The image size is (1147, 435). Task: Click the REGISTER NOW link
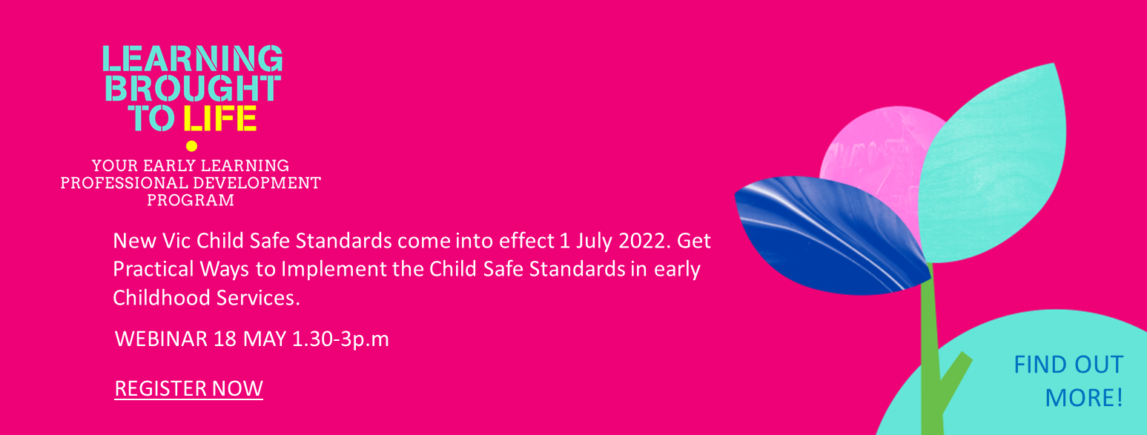pyautogui.click(x=188, y=389)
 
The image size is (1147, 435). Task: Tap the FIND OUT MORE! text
pyautogui.click(x=1068, y=381)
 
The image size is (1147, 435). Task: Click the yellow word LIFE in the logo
pyautogui.click(x=220, y=119)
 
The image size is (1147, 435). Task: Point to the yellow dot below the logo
pyautogui.click(x=191, y=146)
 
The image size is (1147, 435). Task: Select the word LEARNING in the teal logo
pyautogui.click(x=193, y=58)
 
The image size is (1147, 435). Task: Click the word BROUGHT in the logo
pyautogui.click(x=193, y=88)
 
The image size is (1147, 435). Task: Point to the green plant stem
pyautogui.click(x=932, y=358)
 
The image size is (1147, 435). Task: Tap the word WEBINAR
pyautogui.click(x=162, y=339)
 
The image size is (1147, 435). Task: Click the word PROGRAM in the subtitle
pyautogui.click(x=191, y=200)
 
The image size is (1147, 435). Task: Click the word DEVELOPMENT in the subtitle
pyautogui.click(x=257, y=183)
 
